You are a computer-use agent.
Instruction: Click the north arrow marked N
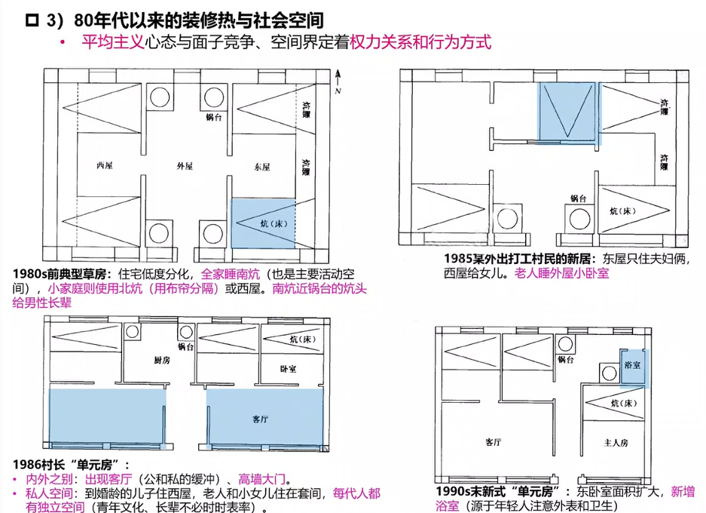(x=338, y=81)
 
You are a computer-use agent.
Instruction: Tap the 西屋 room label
(x=105, y=165)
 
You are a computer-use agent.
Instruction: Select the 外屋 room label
(x=185, y=166)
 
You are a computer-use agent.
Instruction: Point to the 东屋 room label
(x=262, y=167)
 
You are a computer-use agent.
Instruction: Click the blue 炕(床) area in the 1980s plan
(x=263, y=223)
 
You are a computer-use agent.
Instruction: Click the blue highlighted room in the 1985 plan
(x=567, y=112)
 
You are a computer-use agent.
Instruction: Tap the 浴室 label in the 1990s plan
(x=633, y=364)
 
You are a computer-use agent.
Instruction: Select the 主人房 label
(x=616, y=443)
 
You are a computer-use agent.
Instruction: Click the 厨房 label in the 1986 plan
(x=162, y=360)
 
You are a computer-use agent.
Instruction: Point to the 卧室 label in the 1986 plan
(x=288, y=369)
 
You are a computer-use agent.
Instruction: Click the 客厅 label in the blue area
(x=260, y=419)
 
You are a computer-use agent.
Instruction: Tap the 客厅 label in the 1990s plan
(x=494, y=442)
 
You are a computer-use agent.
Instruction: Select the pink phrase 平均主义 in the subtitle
(x=112, y=42)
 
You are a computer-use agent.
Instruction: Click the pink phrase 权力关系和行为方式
(x=420, y=42)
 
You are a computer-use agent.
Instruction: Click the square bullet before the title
(x=32, y=20)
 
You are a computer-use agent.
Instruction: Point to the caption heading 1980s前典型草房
(x=60, y=274)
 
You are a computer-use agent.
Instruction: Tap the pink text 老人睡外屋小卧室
(x=562, y=273)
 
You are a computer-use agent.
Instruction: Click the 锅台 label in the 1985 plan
(x=578, y=198)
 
